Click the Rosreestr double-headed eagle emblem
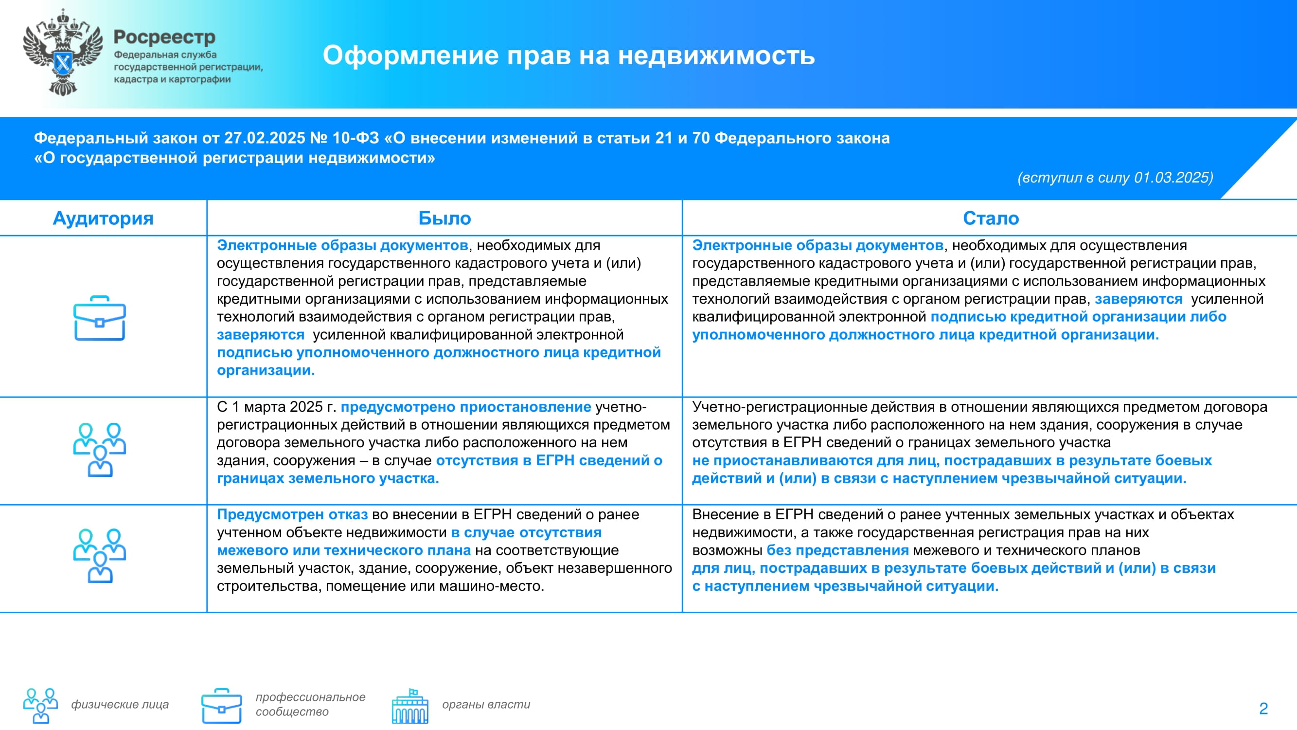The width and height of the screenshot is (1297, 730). click(x=63, y=53)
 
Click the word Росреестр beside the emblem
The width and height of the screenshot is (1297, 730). click(x=165, y=37)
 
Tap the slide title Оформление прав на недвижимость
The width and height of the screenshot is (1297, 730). click(x=569, y=55)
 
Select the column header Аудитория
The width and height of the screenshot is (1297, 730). click(x=103, y=218)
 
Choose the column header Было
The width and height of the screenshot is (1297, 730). click(x=444, y=218)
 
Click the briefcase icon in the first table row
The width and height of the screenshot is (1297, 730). click(x=100, y=318)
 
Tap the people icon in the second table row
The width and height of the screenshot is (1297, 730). click(x=100, y=450)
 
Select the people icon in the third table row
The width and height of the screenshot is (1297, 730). click(x=100, y=556)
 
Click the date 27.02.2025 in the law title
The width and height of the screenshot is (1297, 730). click(x=265, y=138)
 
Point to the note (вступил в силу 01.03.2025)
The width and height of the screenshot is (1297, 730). click(x=1115, y=177)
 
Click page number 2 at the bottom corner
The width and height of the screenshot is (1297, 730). click(x=1263, y=708)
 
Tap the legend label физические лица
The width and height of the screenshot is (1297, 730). click(x=120, y=704)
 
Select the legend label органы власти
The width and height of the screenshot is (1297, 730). click(x=486, y=704)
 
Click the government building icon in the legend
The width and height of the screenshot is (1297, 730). click(x=410, y=706)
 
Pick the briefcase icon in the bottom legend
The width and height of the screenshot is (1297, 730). click(x=222, y=706)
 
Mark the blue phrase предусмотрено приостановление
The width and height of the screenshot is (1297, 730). click(x=466, y=406)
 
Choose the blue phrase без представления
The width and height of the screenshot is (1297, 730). click(x=838, y=550)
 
